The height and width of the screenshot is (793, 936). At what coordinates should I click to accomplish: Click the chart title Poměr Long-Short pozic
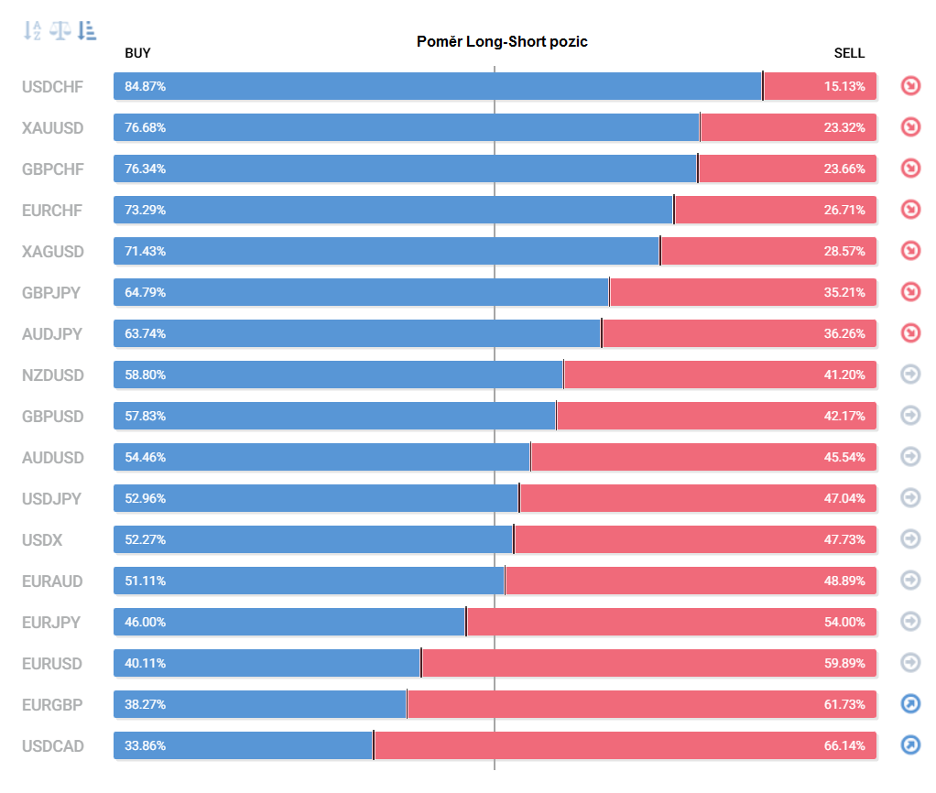[x=502, y=42]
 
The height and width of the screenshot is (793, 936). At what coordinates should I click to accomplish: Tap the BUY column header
[x=137, y=53]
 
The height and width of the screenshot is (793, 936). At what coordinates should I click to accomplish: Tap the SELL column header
[x=849, y=53]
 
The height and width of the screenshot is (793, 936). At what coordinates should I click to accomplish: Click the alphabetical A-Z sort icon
[x=32, y=30]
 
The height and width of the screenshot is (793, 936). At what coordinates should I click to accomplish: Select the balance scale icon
[x=60, y=30]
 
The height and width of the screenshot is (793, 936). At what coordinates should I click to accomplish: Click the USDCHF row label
[x=52, y=87]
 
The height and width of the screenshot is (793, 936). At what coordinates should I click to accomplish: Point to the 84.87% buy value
[x=145, y=86]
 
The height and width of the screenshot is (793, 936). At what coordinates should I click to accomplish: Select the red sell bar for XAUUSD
[x=789, y=127]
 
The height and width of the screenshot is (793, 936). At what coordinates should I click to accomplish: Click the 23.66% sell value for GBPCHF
[x=844, y=168]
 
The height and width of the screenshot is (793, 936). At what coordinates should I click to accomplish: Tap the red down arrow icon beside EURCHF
[x=910, y=210]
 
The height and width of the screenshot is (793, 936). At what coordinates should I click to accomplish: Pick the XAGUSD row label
[x=52, y=252]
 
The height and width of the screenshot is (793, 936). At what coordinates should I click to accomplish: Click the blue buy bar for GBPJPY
[x=361, y=292]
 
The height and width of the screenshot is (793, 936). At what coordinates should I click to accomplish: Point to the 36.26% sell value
[x=844, y=333]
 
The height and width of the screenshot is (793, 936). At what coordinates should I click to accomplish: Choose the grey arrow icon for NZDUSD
[x=910, y=375]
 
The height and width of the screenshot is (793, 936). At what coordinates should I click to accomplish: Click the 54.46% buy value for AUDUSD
[x=145, y=457]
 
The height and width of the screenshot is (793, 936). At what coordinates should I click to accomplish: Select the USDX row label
[x=42, y=540]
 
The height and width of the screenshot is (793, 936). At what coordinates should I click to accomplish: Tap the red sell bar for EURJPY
[x=671, y=622]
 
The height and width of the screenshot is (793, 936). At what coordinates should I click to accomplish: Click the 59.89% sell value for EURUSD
[x=844, y=663]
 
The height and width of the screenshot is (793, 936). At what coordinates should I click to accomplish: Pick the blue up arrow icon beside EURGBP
[x=910, y=703]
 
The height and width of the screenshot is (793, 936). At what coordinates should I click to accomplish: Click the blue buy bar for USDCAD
[x=244, y=745]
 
